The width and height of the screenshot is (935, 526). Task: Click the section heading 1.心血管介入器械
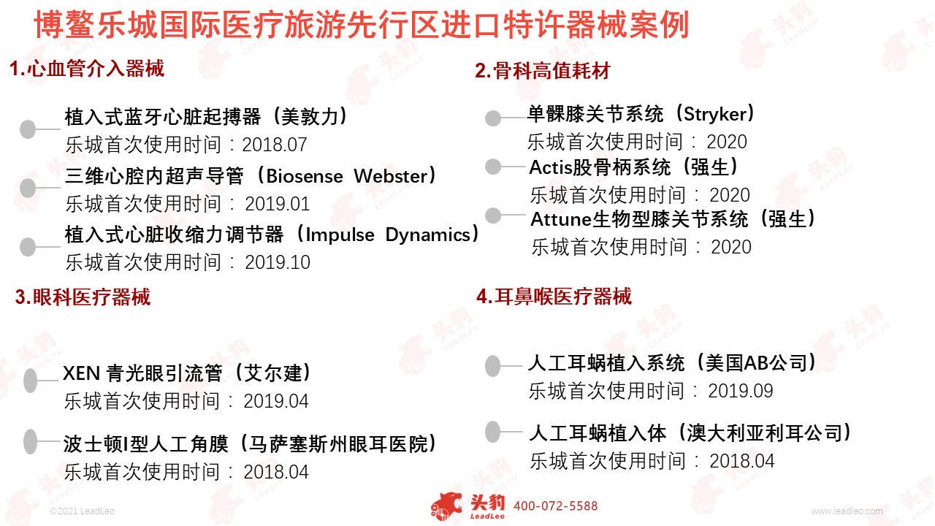(87, 69)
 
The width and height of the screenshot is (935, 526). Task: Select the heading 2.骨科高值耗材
(543, 71)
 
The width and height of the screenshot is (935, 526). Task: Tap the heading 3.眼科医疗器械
(83, 297)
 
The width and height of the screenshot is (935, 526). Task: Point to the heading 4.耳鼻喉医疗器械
(554, 297)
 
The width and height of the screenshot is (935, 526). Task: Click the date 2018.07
(275, 145)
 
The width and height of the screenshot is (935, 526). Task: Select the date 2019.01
(277, 204)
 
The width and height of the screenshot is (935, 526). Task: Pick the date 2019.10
(278, 262)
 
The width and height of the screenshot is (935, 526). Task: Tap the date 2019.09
(741, 391)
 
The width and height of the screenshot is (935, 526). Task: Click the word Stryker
(715, 115)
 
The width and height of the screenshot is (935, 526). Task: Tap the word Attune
(561, 220)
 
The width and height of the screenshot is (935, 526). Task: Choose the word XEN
(81, 373)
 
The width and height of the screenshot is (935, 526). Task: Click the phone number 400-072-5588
(556, 506)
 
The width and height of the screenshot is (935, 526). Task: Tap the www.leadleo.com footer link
(847, 511)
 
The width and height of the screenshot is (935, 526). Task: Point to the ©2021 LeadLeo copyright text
(82, 511)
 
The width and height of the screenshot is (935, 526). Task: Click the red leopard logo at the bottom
(446, 506)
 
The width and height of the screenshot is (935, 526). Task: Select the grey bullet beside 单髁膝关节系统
(493, 118)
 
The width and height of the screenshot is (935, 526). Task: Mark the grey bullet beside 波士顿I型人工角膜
(31, 441)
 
